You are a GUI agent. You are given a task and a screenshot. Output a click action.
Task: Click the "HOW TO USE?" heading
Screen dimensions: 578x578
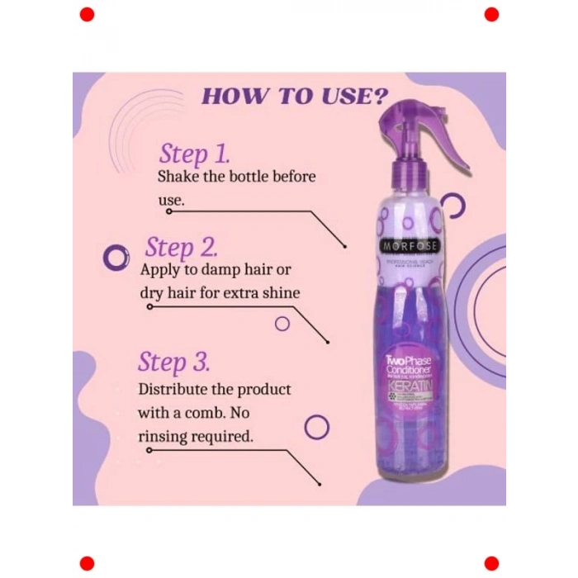(x=295, y=95)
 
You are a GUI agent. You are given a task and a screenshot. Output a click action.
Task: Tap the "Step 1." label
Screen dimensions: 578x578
(x=194, y=154)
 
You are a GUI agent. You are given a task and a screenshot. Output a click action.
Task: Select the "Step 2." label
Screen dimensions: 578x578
(x=181, y=248)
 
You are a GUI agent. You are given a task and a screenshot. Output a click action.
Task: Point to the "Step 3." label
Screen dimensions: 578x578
(x=173, y=362)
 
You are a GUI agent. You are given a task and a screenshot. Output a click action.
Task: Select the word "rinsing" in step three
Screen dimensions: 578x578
(x=165, y=434)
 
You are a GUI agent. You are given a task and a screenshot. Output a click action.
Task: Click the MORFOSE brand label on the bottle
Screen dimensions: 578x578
(x=411, y=245)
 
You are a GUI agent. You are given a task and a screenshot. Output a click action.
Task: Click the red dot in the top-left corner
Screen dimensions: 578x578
(x=87, y=14)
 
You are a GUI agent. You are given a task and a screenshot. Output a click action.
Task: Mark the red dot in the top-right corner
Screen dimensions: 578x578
(x=491, y=14)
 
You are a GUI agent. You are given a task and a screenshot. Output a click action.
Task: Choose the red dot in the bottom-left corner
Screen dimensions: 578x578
(x=87, y=563)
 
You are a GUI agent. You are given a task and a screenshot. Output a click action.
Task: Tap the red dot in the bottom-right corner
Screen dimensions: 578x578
(x=491, y=563)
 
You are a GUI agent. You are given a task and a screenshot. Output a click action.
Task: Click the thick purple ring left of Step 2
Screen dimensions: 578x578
(x=116, y=258)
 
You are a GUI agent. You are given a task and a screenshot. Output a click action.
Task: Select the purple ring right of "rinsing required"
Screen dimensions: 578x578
(x=317, y=427)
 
